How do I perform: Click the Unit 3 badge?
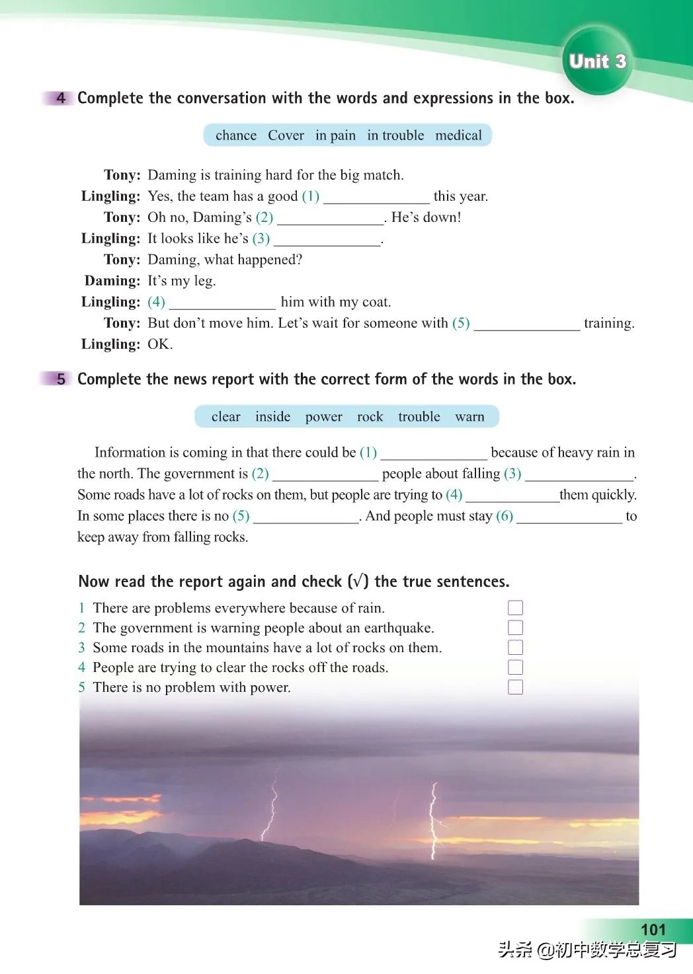597,61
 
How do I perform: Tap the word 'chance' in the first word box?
236,135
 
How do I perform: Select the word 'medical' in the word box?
458,135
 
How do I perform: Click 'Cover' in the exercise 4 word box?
286,135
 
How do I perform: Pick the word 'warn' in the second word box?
469,417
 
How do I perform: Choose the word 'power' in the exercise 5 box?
323,417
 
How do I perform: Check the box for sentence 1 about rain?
515,608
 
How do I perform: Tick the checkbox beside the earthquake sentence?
515,628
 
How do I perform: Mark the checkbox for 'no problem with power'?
515,687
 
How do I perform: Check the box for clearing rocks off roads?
515,667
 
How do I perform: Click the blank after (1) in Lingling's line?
376,197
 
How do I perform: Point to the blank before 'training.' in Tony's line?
526,324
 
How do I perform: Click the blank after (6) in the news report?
569,517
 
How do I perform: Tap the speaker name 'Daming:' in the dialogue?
112,281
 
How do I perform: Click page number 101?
653,929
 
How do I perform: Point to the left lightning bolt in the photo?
270,806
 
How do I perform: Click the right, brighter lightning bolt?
434,819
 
